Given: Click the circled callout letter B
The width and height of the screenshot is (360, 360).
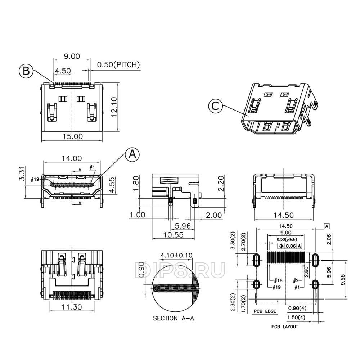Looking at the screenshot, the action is tap(26, 71).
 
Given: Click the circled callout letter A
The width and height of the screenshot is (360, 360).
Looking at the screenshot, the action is tap(132, 154).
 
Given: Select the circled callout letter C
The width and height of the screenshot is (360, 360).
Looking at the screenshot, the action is tap(215, 106).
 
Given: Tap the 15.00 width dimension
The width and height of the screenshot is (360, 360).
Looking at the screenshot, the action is tap(73, 136).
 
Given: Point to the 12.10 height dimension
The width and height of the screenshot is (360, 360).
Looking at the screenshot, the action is tap(114, 107).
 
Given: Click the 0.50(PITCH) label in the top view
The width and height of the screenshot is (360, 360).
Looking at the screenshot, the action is tap(118, 64).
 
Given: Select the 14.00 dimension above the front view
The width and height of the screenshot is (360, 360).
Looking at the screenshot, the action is tap(72, 158).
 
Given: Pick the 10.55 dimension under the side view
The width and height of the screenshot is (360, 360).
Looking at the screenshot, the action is tap(174, 235).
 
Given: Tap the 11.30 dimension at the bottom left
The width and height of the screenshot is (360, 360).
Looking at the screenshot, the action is tap(72, 307).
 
